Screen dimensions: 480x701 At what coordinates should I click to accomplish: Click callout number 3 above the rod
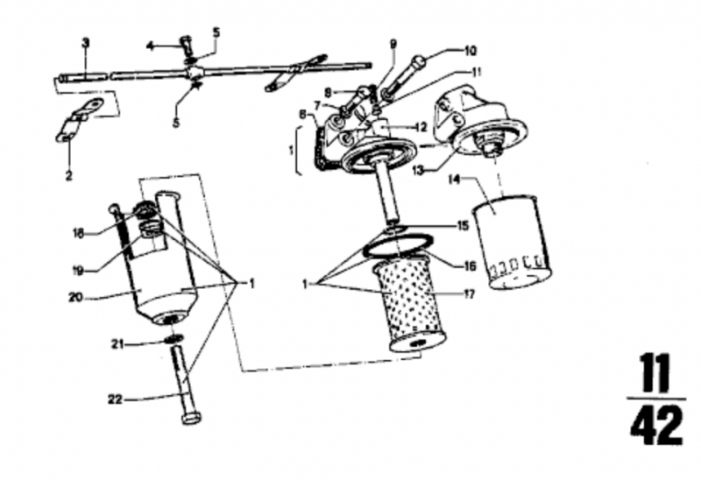85,42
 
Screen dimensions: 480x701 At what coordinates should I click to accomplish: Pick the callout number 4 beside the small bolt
151,46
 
